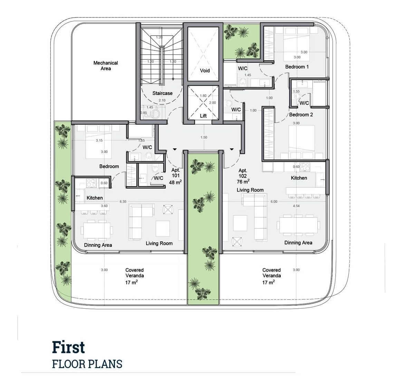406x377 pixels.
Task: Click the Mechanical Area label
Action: pos(106,66)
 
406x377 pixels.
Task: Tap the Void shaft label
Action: pos(205,70)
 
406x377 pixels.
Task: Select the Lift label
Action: pos(203,116)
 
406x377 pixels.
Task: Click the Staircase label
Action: pos(162,93)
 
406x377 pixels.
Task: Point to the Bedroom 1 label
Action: pos(297,67)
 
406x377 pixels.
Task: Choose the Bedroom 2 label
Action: pos(301,115)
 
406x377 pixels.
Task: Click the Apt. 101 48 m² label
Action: pos(175,176)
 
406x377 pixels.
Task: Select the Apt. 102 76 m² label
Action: pos(243,176)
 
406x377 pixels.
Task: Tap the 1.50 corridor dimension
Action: pos(204,137)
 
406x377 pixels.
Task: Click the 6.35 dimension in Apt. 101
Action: pos(123,202)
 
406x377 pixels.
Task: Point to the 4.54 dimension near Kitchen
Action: pos(296,206)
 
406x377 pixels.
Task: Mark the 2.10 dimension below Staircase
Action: pos(162,100)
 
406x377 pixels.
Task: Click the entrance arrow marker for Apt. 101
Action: pos(175,149)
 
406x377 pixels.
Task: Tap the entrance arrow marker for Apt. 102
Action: pos(232,149)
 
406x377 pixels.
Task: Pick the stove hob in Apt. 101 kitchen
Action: pos(91,183)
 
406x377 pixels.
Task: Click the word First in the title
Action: pos(68,347)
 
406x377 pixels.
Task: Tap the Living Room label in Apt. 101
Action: pos(159,243)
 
